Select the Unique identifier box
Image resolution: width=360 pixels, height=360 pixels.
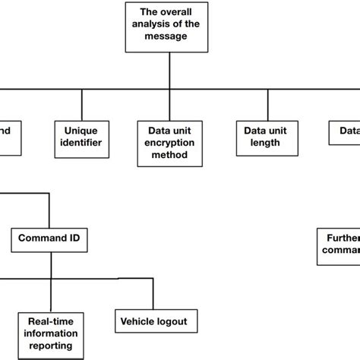[x=81, y=135]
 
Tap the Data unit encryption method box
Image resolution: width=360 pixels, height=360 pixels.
[x=172, y=142]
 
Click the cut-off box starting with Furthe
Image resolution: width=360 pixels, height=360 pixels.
[x=339, y=242]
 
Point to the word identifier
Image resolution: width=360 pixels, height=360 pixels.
[x=81, y=142]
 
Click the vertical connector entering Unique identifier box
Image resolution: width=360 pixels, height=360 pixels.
[x=81, y=104]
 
